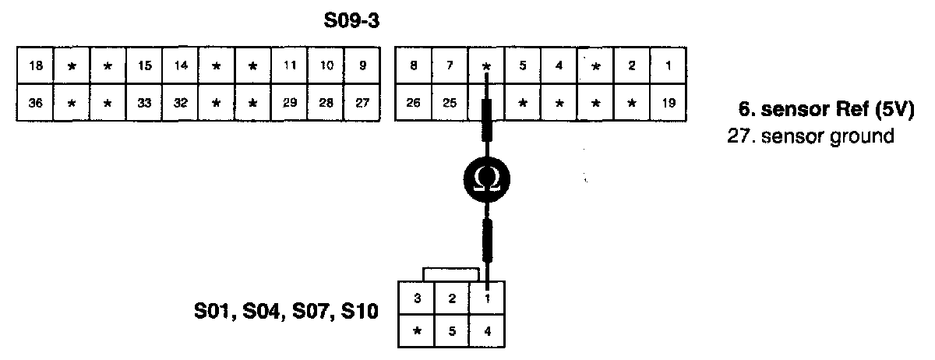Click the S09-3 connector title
(x=351, y=22)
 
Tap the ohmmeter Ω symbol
(x=486, y=181)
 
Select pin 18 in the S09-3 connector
(x=35, y=66)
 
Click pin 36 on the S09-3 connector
(x=35, y=103)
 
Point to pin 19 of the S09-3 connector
(x=667, y=103)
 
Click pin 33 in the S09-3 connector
(x=144, y=103)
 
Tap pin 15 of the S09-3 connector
(x=144, y=66)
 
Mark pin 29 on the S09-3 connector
(x=289, y=103)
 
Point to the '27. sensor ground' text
(x=809, y=136)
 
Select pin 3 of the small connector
(x=417, y=297)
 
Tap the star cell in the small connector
(x=417, y=330)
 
